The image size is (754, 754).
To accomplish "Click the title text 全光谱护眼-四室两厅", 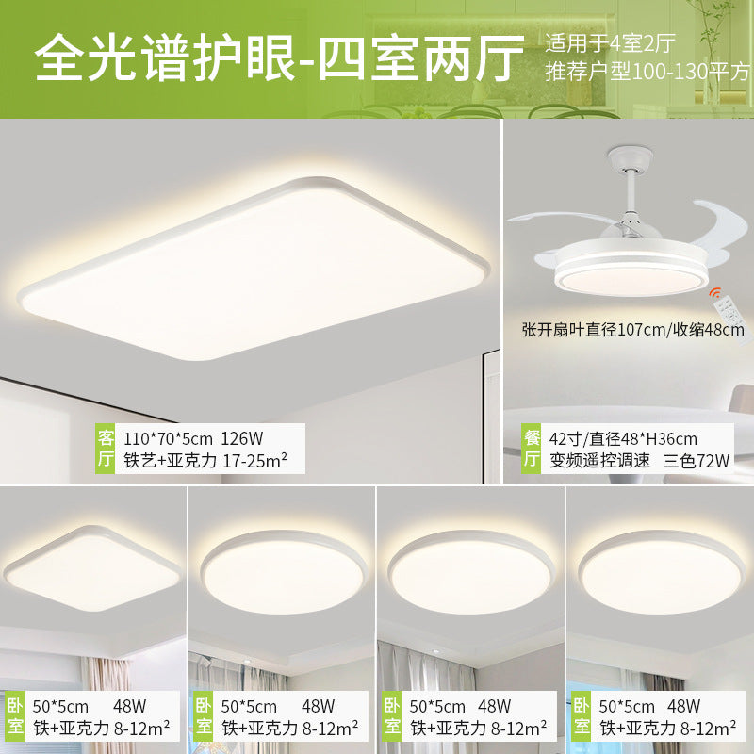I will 279,58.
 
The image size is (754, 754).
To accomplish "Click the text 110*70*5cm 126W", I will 194,437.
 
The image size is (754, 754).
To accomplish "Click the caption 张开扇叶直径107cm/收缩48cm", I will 632,329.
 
